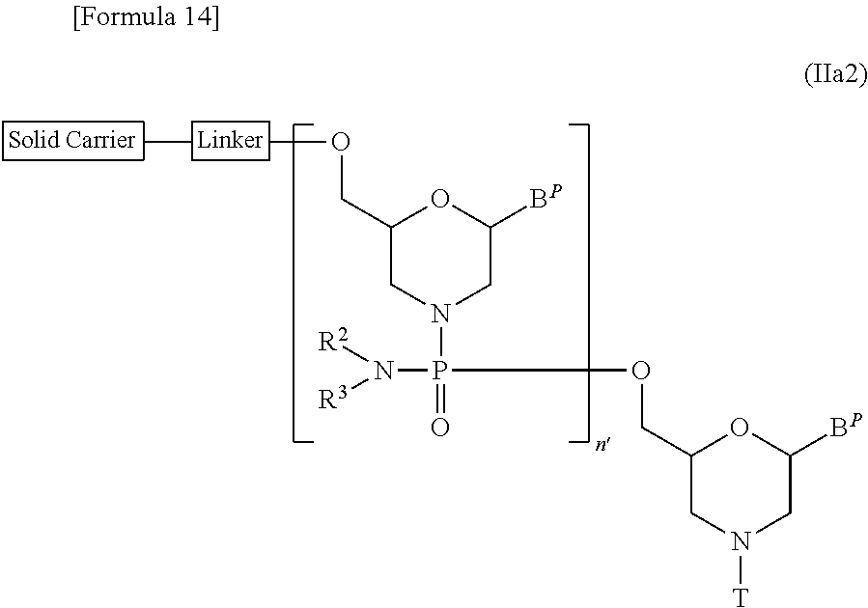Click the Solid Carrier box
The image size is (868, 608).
(73, 140)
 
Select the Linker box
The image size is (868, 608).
(230, 140)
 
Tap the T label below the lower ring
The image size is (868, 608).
(740, 598)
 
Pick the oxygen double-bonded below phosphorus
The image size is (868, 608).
(439, 426)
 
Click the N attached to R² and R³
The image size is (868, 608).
(382, 371)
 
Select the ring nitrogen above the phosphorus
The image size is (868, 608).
(439, 315)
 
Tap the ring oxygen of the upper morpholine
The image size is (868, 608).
(439, 201)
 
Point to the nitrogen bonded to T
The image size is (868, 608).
(740, 541)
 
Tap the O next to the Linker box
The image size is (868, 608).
(340, 142)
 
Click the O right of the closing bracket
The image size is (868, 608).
(639, 371)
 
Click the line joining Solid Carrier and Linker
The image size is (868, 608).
(168, 141)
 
